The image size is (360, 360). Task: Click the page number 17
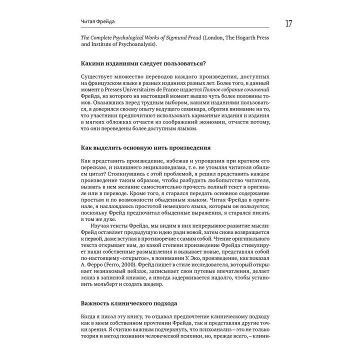pos(289,23)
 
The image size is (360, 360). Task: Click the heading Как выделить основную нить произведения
pos(145,148)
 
